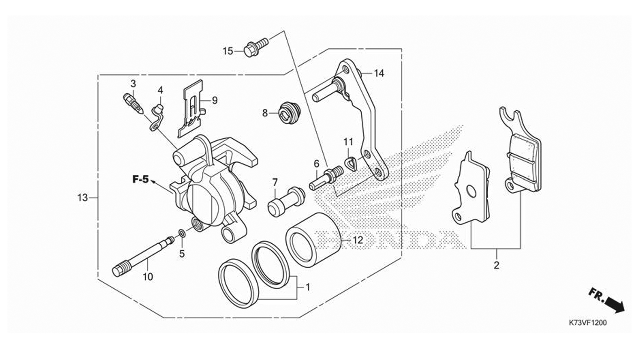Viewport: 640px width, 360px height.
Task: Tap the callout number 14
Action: (379, 73)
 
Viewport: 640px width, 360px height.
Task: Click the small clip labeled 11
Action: (350, 165)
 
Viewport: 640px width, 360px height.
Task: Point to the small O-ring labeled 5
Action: (182, 233)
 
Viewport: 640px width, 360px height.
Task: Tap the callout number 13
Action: (82, 198)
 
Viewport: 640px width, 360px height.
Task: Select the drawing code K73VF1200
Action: (588, 323)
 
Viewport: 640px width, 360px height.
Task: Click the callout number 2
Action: (497, 265)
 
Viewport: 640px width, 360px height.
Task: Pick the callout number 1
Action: (308, 286)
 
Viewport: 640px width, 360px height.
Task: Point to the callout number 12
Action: (357, 240)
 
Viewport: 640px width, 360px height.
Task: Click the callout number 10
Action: (148, 277)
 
